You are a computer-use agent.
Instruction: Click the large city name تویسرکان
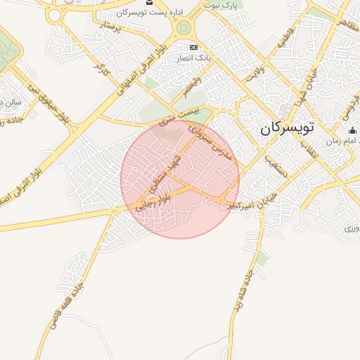tap(289, 129)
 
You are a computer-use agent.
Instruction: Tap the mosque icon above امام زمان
tap(352, 131)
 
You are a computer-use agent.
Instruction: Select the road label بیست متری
tap(179, 117)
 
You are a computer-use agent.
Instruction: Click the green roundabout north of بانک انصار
tap(184, 28)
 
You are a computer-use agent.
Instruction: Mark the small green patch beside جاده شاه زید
tap(262, 259)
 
